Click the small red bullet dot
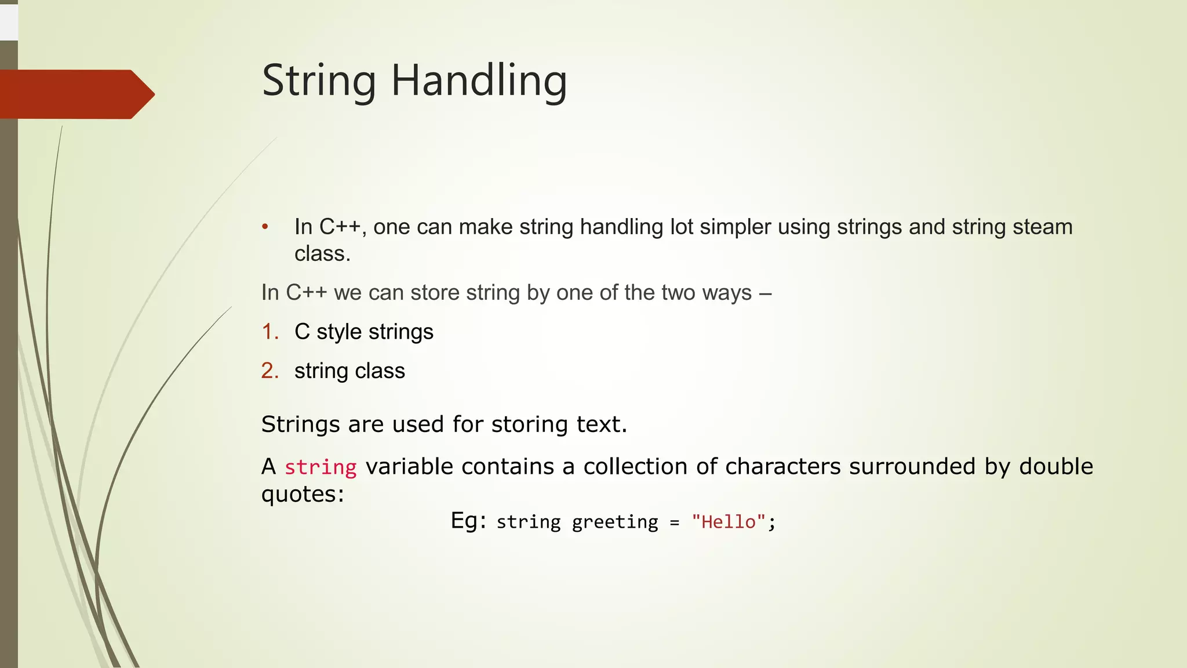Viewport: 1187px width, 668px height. click(x=265, y=227)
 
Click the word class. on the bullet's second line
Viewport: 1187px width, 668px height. click(x=322, y=253)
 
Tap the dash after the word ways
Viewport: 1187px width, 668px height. click(x=765, y=293)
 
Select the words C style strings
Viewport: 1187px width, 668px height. click(x=363, y=332)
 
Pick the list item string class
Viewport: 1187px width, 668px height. click(x=349, y=371)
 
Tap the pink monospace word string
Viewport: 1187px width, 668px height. click(x=320, y=467)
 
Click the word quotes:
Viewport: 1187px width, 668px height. click(x=303, y=494)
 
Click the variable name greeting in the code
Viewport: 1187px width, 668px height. click(x=615, y=522)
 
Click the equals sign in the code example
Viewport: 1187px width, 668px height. click(x=674, y=522)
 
